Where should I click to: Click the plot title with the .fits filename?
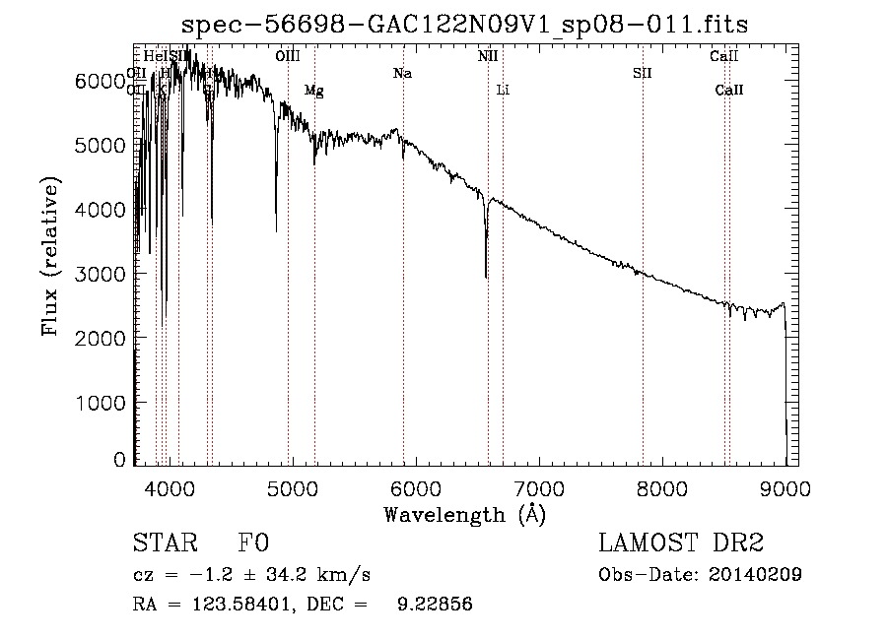[x=465, y=26]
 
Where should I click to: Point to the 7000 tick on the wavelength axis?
[x=539, y=487]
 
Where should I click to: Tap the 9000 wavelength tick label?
[x=785, y=487]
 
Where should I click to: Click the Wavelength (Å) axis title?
[x=464, y=514]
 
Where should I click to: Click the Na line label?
[x=402, y=73]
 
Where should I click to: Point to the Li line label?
[x=503, y=91]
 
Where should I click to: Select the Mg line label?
[x=313, y=91]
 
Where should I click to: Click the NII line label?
[x=488, y=56]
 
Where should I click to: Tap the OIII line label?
[x=287, y=56]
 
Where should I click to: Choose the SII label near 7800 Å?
[x=643, y=73]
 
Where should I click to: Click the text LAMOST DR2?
[x=681, y=543]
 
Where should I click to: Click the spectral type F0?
[x=252, y=543]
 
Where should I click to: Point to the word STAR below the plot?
[x=164, y=543]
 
